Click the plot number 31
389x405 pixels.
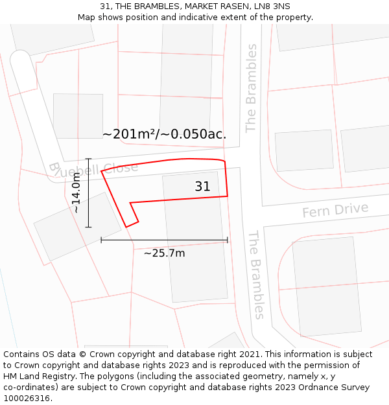click(x=202, y=187)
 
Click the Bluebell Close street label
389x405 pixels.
click(x=93, y=168)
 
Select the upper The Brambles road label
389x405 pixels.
click(x=251, y=88)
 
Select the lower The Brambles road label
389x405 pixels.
click(x=257, y=275)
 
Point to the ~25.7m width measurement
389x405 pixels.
click(x=164, y=253)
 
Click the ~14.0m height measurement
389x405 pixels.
click(x=77, y=192)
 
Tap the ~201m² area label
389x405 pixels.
click(x=164, y=134)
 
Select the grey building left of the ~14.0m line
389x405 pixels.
click(x=77, y=226)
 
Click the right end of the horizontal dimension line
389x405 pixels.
click(x=228, y=240)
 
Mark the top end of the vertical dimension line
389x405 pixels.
click(x=89, y=159)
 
